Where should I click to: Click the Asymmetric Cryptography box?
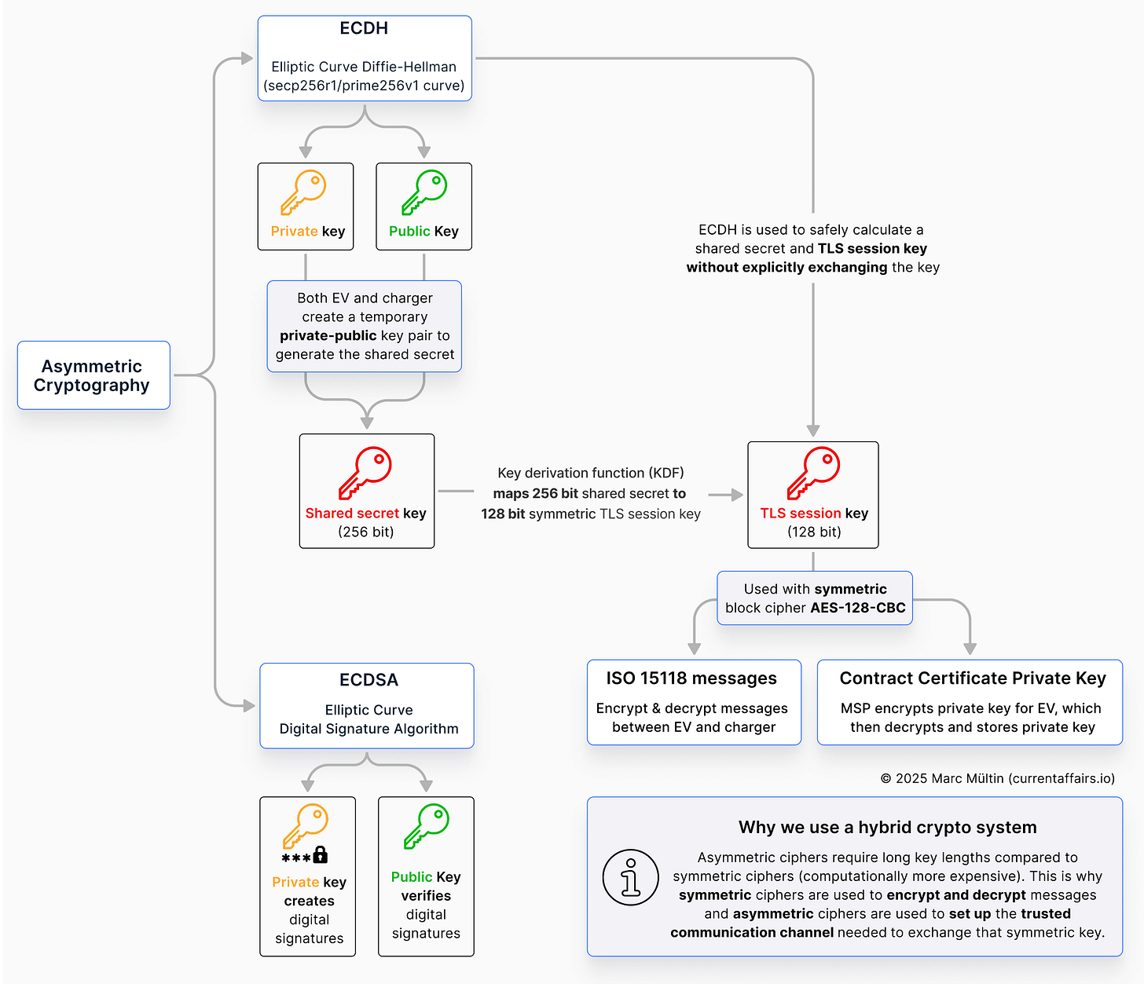[93, 375]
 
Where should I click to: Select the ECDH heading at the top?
[364, 28]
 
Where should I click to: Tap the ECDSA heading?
[368, 680]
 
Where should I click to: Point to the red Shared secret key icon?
[365, 473]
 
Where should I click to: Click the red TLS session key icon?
[813, 473]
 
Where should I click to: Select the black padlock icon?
[320, 855]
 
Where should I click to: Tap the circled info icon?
[630, 877]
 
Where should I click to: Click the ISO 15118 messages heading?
[691, 678]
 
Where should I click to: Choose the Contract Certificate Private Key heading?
[973, 678]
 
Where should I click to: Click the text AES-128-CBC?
[858, 608]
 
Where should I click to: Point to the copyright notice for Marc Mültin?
[997, 778]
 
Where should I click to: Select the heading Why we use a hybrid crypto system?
[887, 827]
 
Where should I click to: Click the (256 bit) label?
[366, 532]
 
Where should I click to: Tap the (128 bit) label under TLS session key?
[814, 532]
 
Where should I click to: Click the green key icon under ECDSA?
[427, 826]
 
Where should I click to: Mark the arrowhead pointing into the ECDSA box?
[249, 706]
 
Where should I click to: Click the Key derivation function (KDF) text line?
[591, 473]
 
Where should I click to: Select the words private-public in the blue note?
[328, 335]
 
